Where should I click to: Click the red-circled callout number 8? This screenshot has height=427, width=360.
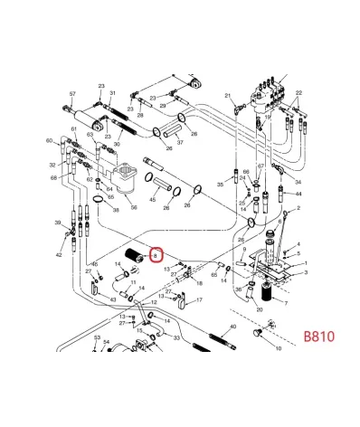tap(156, 257)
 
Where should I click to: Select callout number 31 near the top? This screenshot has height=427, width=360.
tap(112, 93)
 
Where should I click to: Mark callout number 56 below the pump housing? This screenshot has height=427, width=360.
tap(133, 206)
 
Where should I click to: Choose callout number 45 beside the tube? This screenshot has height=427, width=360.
tap(153, 199)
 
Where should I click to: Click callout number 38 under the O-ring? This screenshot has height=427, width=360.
tap(116, 210)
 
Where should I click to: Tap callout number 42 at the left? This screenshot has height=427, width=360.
tap(59, 256)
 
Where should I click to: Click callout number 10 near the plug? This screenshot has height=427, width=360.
tap(278, 347)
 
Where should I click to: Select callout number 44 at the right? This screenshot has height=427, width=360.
tap(299, 195)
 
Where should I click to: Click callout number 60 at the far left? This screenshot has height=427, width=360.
tap(49, 141)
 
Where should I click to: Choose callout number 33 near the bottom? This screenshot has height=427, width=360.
tap(176, 337)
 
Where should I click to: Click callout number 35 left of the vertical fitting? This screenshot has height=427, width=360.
tap(220, 185)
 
